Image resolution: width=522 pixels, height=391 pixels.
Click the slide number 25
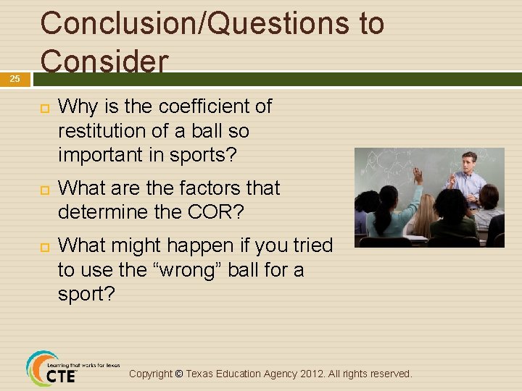point(14,79)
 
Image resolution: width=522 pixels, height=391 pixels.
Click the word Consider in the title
point(104,61)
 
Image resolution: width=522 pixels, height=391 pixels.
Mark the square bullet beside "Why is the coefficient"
point(43,107)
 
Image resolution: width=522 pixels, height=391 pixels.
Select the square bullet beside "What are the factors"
point(43,189)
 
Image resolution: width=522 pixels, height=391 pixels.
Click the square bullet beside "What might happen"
point(43,246)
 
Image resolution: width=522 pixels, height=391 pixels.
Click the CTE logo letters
point(61,377)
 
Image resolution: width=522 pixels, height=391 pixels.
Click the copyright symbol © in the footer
point(179,374)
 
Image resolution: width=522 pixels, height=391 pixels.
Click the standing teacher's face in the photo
point(470,161)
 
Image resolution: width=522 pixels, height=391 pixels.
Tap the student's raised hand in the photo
point(417,174)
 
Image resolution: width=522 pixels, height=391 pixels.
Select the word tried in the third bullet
point(311,245)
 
